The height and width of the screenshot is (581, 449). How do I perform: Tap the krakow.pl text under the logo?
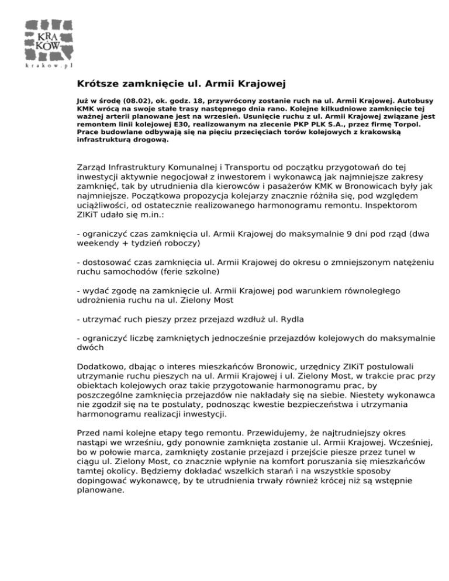pos(49,65)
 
